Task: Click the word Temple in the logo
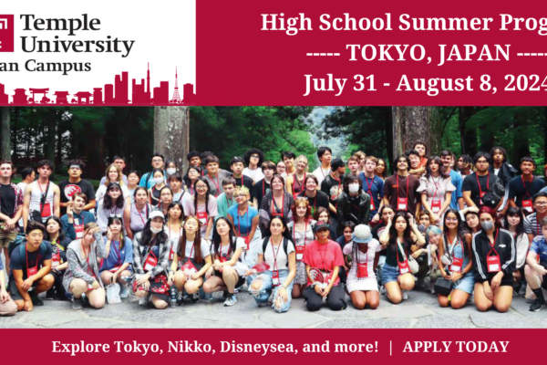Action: [60, 25]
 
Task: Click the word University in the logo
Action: [77, 46]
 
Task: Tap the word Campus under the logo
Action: [58, 67]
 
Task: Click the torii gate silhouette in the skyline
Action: [39, 95]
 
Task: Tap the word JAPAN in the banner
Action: [474, 54]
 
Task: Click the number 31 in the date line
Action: [364, 83]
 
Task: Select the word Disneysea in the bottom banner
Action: [259, 347]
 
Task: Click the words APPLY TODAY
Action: [456, 347]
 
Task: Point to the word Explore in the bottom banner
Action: [80, 347]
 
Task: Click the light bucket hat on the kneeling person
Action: [362, 234]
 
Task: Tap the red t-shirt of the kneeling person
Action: [323, 257]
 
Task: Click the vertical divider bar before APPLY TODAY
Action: [390, 347]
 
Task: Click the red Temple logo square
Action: [6, 33]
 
